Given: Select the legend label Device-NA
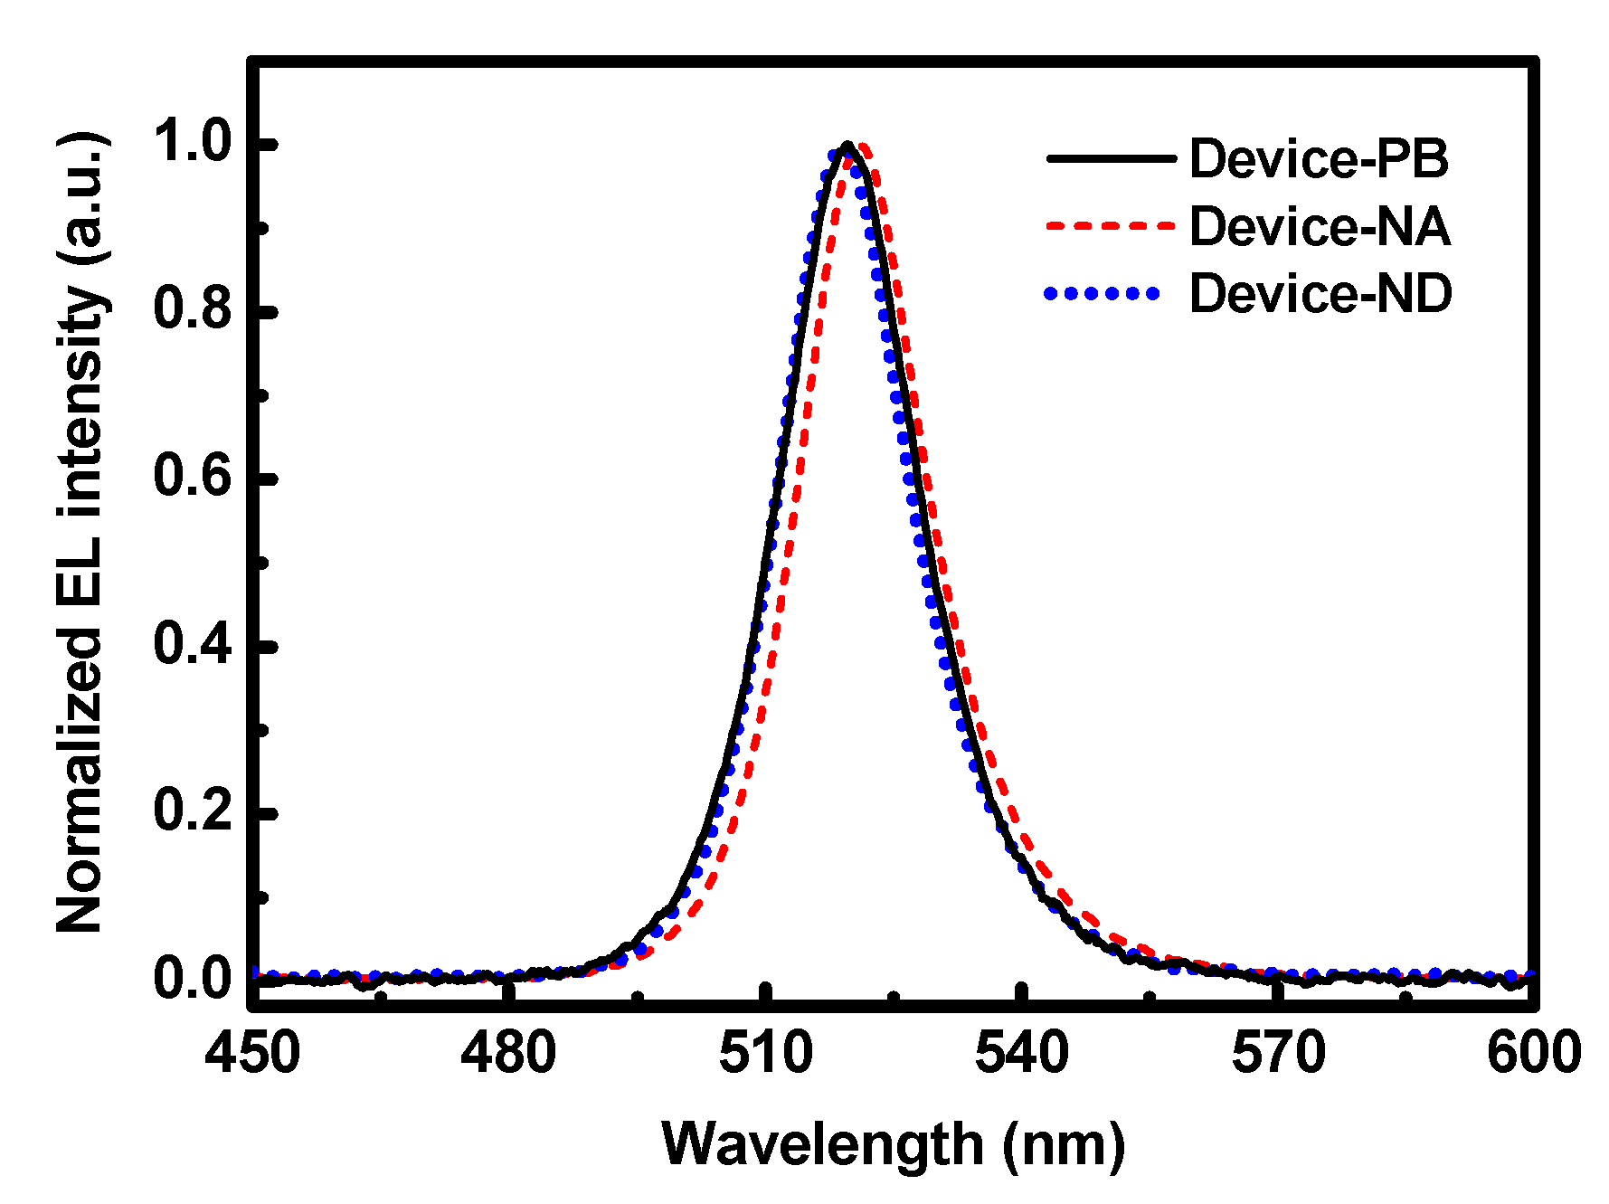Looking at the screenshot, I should pos(1319,226).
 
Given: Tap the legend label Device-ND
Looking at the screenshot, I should pos(1320,293).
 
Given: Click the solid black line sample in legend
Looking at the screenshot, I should pos(1110,158).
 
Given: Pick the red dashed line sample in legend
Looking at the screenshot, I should pos(1110,226).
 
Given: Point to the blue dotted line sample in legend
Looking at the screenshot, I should pos(1103,293).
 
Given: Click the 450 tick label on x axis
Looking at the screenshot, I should pos(252,1054).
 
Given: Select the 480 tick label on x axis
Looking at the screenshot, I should pos(508,1054).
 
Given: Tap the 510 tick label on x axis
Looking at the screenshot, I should pos(765,1054).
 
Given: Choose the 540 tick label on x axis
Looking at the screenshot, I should pos(1021,1054).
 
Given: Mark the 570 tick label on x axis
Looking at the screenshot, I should pos(1278,1054).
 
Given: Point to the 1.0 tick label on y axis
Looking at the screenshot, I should pos(194,143).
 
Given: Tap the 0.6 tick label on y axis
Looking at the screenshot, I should pos(194,477).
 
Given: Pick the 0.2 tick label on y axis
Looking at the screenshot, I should pos(194,811).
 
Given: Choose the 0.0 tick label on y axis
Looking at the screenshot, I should pos(194,979).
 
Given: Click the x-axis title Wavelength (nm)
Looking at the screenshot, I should pos(893,1144).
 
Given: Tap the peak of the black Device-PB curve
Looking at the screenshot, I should pos(847,144).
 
